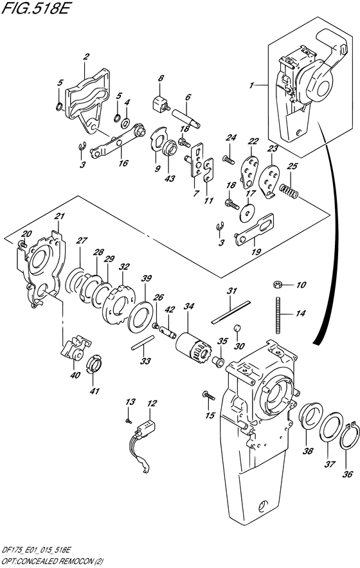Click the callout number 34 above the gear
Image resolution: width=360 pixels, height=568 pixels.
188,308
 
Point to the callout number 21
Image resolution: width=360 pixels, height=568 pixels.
59,217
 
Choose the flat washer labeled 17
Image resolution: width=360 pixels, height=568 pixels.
248,208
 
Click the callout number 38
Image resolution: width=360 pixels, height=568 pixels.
308,452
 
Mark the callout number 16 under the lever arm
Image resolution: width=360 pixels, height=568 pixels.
123,163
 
